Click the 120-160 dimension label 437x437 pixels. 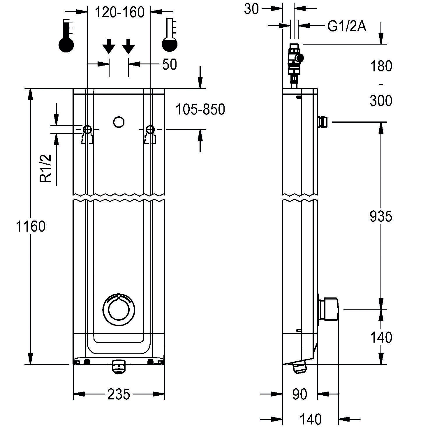[120, 12]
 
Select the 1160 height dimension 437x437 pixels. [31, 226]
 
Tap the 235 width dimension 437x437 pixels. [119, 394]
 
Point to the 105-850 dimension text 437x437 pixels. [200, 110]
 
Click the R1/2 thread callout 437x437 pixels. [46, 168]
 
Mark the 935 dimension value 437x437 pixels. [381, 216]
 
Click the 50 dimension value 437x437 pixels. [169, 64]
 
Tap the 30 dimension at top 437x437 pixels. [251, 9]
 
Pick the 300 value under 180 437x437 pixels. [381, 101]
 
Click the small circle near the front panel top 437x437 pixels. [119, 122]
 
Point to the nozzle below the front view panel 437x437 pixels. [119, 366]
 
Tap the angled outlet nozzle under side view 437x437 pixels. [300, 366]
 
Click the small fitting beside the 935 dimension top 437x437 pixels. [323, 122]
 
